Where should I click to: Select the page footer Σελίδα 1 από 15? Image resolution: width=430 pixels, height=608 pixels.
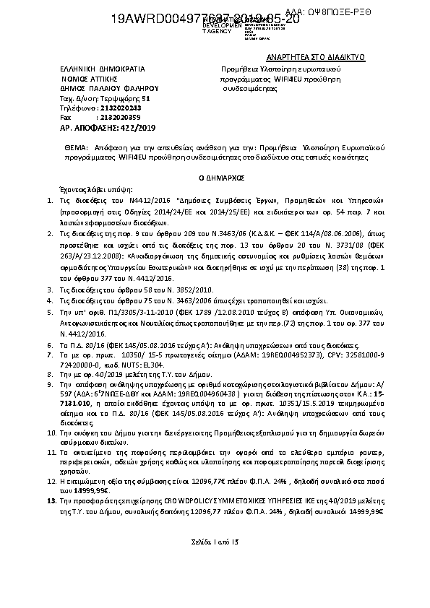[x=215, y=542]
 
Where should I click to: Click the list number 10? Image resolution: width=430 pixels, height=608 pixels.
[x=51, y=431]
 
